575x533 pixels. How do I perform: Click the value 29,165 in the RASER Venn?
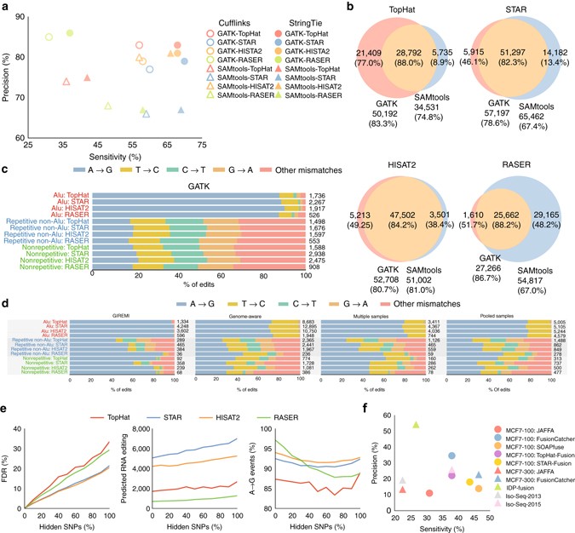[536, 254]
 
